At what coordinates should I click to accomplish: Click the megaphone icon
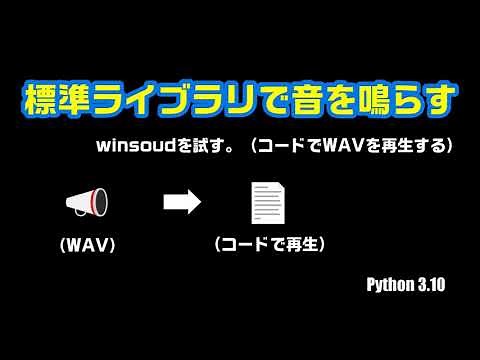click(87, 203)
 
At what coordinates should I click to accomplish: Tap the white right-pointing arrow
click(182, 203)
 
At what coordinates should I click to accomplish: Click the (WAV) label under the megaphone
click(87, 244)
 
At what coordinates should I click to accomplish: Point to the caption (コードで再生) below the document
click(270, 244)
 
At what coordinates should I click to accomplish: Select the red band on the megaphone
click(100, 203)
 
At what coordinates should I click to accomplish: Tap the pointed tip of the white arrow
click(200, 203)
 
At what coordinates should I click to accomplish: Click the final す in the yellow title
click(437, 102)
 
